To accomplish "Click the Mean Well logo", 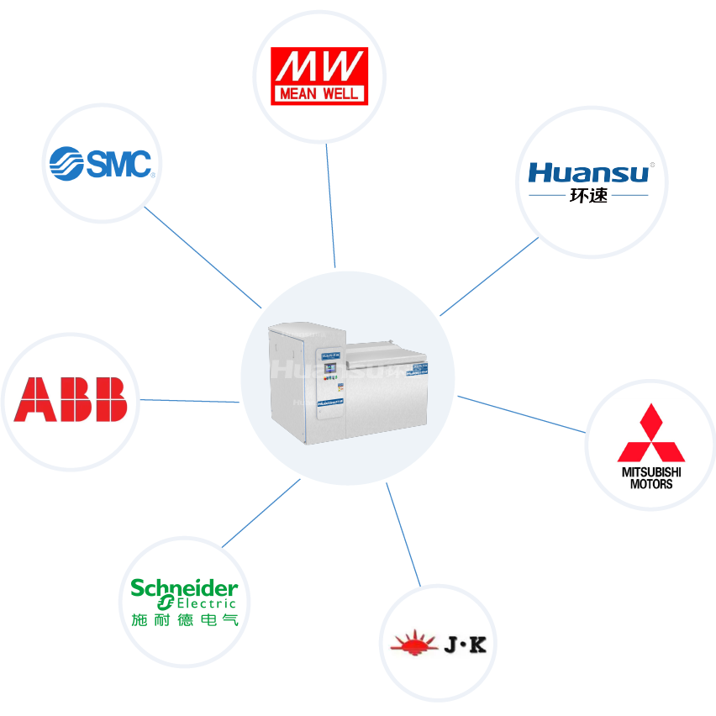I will pos(319,76).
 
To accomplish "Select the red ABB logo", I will pos(71,399).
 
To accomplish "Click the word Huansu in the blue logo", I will pos(588,172).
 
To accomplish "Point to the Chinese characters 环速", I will pos(588,197).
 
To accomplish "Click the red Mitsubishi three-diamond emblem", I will pos(651,435).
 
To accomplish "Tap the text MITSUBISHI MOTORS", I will pos(651,478).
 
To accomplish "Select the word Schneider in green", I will pos(184,587).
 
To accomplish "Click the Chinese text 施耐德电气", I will pos(185,620).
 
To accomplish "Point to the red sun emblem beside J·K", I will pos(414,645).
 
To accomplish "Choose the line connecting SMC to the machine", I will pos(202,255).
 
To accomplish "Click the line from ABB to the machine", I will pos(189,401).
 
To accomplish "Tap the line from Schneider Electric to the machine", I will pos(261,513).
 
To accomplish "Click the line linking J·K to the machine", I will pos(403,534).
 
